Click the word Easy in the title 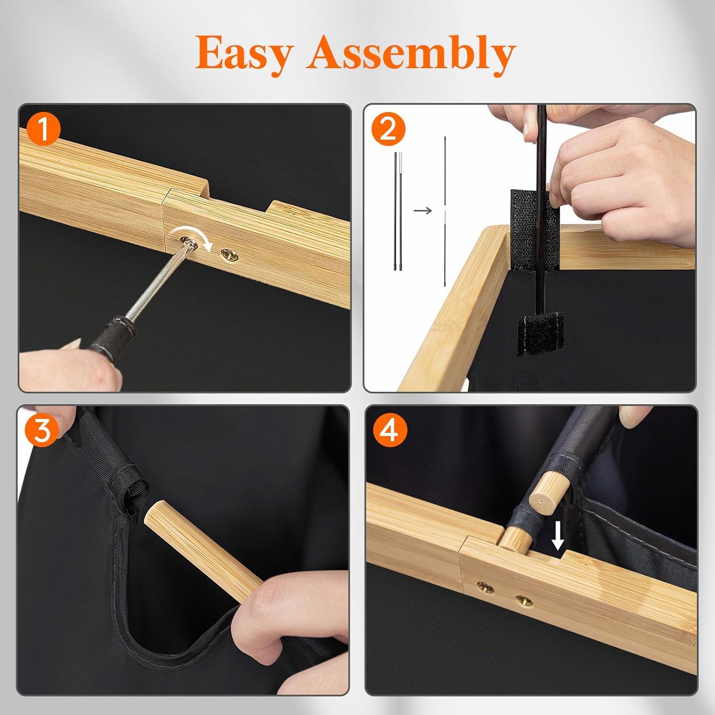[x=243, y=53]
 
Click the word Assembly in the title [x=411, y=53]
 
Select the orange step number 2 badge [x=388, y=129]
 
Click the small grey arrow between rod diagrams [x=422, y=210]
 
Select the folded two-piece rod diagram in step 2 [x=398, y=211]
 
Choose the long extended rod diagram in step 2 [x=445, y=211]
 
